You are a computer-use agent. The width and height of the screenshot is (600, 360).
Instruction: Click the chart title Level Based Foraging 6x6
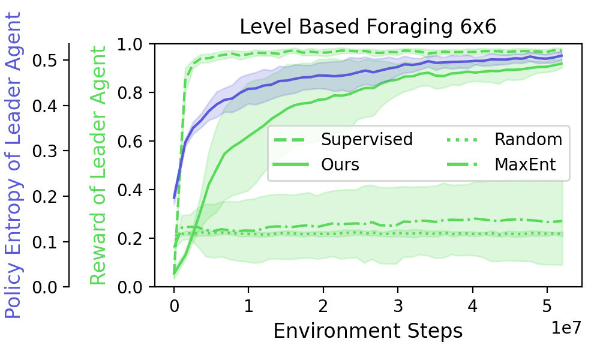(x=368, y=27)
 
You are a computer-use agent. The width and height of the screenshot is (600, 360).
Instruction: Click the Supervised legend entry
(x=343, y=140)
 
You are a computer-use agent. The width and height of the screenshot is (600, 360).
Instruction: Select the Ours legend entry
(x=316, y=165)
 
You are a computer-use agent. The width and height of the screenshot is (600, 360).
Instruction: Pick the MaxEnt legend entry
(x=501, y=165)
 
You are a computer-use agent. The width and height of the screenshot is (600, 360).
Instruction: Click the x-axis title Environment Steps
(x=368, y=331)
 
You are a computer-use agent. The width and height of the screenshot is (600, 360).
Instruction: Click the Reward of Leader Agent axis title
(x=98, y=165)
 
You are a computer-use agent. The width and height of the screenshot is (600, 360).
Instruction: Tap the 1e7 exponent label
(x=566, y=328)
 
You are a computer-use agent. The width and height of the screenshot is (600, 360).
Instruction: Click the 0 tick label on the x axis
(x=174, y=307)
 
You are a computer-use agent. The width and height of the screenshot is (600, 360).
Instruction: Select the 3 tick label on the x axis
(x=398, y=307)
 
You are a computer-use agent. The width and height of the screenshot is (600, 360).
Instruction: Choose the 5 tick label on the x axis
(x=547, y=307)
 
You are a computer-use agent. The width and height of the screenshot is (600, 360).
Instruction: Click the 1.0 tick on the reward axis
(x=130, y=45)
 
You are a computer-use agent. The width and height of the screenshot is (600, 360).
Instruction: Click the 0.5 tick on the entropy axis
(x=45, y=61)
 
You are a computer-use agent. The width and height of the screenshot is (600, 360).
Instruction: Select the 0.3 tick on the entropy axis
(x=45, y=151)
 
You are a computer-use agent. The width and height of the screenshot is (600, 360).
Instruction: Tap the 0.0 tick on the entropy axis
(x=45, y=287)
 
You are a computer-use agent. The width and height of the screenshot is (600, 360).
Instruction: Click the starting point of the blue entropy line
(x=174, y=199)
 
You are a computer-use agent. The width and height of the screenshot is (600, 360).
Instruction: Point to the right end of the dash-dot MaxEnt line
(x=562, y=221)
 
